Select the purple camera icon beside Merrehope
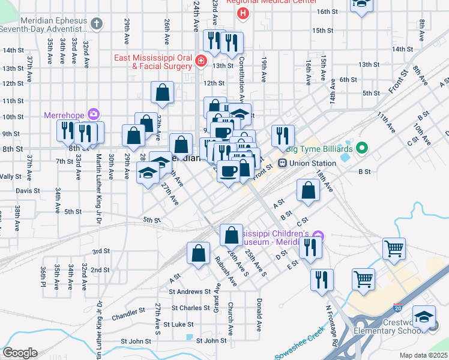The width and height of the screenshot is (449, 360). click(x=93, y=113)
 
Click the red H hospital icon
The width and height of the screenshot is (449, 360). click(x=243, y=13)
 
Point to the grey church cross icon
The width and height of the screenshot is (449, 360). click(x=97, y=23)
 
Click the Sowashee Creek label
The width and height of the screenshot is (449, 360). click(x=301, y=342)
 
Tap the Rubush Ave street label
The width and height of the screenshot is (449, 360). click(x=225, y=271)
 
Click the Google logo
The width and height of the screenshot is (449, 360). click(x=20, y=352)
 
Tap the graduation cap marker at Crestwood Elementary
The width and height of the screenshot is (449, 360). click(x=424, y=316)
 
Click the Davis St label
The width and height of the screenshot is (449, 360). click(x=28, y=191)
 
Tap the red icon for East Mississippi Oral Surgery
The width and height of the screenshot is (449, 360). click(x=200, y=62)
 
